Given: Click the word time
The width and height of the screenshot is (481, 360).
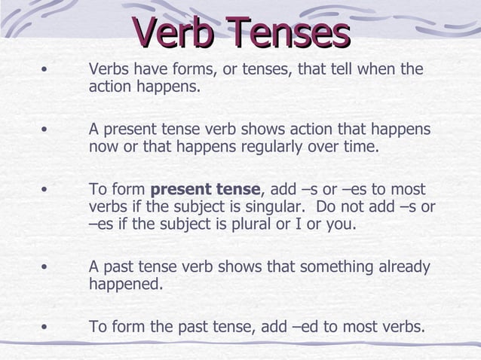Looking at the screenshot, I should pyautogui.click(x=360, y=146).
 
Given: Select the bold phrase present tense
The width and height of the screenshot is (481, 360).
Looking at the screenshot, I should pyautogui.click(x=206, y=189).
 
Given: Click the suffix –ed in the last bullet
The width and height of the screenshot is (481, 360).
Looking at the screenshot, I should pyautogui.click(x=304, y=328).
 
